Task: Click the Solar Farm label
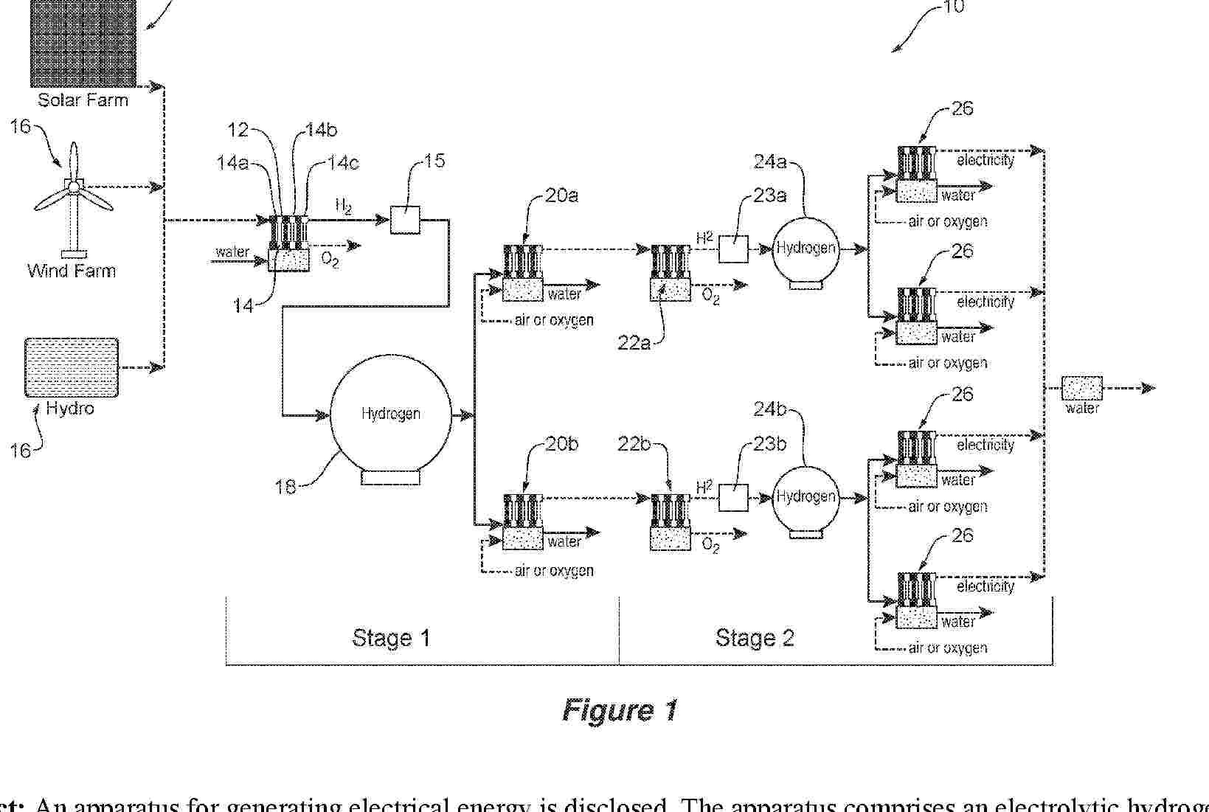point(83,100)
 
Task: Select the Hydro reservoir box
point(72,367)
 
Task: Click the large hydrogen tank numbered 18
point(390,414)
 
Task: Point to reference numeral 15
point(435,161)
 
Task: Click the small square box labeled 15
point(405,219)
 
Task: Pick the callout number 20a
point(562,195)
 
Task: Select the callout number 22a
point(634,343)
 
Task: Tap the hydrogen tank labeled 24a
point(806,249)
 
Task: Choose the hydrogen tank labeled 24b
point(806,497)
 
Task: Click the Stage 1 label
point(391,638)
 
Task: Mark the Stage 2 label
point(755,638)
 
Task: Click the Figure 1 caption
point(620,709)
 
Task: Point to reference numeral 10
point(953,7)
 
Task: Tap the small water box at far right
point(1081,389)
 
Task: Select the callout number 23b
point(769,444)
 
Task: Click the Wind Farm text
point(72,271)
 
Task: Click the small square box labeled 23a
point(733,249)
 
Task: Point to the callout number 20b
point(562,444)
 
